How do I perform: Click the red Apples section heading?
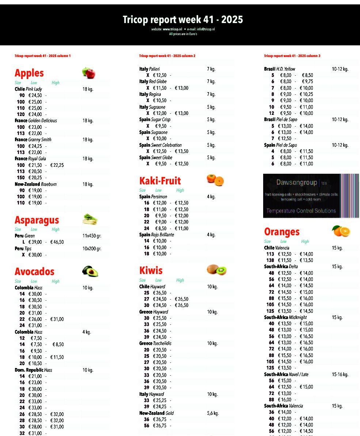tap(29, 73)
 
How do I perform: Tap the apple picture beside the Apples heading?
tap(88, 73)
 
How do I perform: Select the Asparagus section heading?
tap(37, 220)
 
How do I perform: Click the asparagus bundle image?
tap(90, 219)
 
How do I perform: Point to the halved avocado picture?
tap(90, 271)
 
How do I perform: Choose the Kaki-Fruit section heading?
tap(160, 181)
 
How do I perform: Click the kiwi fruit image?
tap(216, 270)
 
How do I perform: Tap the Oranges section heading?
tap(282, 232)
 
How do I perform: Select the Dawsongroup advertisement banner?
tap(311, 196)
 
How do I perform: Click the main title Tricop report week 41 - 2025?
tap(183, 20)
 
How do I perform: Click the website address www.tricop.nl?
tap(172, 29)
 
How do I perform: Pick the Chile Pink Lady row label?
tap(28, 89)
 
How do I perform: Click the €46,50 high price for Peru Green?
tap(57, 242)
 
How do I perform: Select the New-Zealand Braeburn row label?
tap(35, 184)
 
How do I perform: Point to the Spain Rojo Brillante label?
tap(156, 235)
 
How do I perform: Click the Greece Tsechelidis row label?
tap(155, 343)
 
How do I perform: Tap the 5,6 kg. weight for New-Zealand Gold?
tap(213, 413)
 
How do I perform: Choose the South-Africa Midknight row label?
tap(285, 317)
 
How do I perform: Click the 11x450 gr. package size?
tap(92, 236)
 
